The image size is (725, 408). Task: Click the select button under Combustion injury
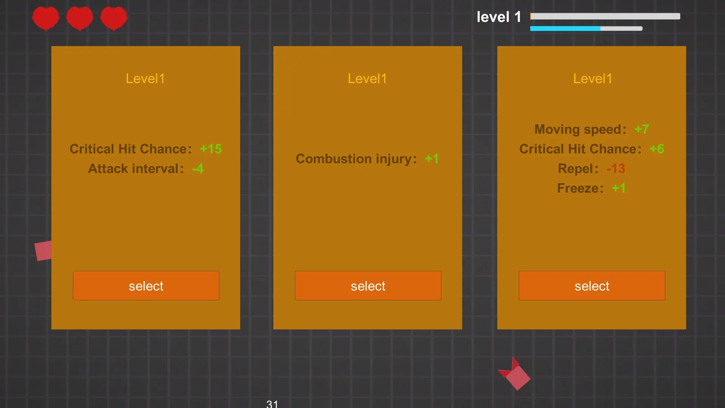368,286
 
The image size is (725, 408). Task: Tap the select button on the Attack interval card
146,286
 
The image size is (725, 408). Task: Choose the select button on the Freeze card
592,286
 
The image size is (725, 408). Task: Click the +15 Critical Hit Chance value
211,149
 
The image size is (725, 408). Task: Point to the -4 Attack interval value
198,168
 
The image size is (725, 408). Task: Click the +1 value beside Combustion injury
432,159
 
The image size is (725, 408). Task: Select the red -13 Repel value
616,168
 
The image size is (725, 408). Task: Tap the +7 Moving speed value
642,129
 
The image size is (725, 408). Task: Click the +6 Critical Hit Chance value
657,149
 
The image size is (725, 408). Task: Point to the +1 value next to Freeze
619,188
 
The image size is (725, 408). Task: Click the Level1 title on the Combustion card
367,79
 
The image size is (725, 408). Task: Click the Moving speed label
580,129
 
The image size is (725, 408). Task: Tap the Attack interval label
136,168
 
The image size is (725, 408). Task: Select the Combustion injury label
356,159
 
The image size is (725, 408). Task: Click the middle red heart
80,18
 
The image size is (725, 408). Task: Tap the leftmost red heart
46,18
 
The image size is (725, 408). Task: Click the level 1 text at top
499,17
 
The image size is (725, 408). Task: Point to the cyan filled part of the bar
565,29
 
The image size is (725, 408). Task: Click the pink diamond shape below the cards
518,377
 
